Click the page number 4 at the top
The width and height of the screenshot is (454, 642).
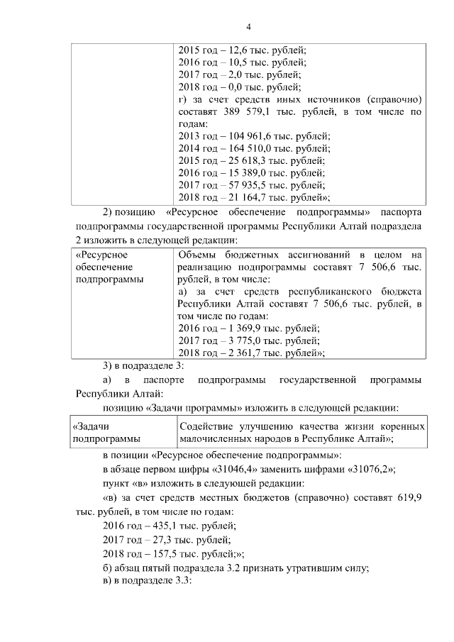[x=248, y=27]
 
